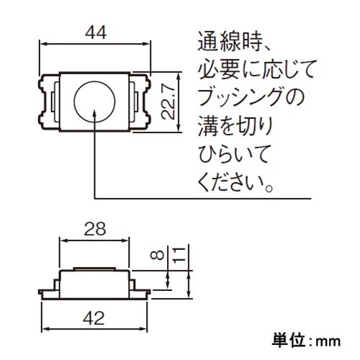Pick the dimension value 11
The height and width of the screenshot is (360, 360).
(179, 253)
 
